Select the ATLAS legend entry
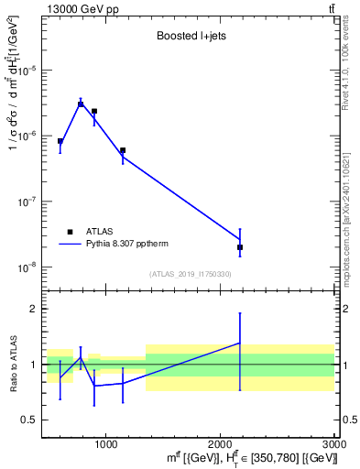pyautogui.click(x=90, y=232)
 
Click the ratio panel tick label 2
pyautogui.click(x=33, y=309)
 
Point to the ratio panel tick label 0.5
pyautogui.click(x=29, y=420)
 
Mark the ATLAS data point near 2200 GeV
pyautogui.click(x=240, y=247)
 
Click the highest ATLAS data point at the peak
pyautogui.click(x=81, y=104)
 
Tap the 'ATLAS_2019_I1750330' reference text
pyautogui.click(x=191, y=274)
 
